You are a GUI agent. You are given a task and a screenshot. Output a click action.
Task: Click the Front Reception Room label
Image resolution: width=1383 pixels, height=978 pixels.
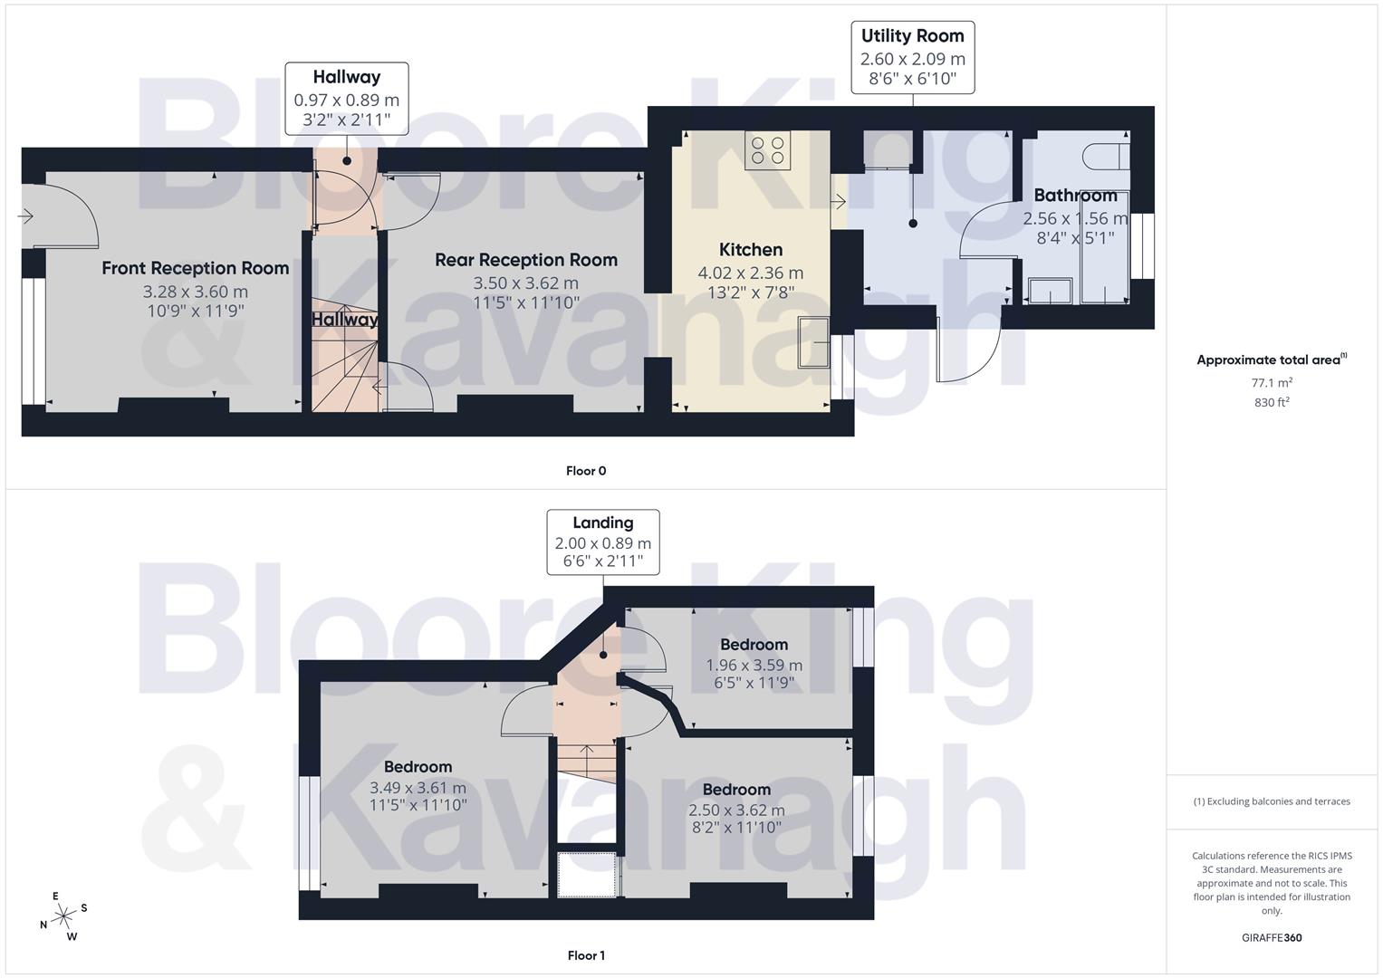point(196,268)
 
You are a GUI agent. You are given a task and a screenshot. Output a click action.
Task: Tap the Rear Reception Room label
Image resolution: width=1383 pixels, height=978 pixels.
point(526,260)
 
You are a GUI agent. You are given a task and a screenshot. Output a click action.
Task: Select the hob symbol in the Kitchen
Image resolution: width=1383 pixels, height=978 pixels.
point(768,149)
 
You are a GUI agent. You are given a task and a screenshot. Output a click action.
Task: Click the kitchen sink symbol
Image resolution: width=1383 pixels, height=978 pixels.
point(812,342)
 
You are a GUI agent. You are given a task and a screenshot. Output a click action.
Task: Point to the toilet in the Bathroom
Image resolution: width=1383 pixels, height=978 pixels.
point(1106,155)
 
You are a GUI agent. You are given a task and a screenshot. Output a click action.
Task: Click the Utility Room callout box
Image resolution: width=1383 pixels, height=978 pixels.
point(913,58)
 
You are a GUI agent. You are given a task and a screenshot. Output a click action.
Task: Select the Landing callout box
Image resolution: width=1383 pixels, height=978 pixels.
point(603,542)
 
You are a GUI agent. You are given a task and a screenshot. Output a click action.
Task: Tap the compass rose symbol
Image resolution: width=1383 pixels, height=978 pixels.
point(63,916)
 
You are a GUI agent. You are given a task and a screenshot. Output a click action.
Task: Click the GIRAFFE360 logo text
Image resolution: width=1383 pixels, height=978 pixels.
point(1272,937)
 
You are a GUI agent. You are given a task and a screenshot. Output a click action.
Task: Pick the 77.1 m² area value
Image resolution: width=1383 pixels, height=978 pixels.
point(1272,382)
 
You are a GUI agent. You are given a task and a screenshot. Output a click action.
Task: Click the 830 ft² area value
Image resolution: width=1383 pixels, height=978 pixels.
point(1272,402)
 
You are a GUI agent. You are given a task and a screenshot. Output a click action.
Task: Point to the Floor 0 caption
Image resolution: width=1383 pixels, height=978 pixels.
point(586,471)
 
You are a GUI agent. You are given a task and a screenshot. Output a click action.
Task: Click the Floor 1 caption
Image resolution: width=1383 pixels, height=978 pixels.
point(586,955)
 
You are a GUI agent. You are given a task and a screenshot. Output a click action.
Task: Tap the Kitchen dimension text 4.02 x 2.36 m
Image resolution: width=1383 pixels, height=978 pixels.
point(751,273)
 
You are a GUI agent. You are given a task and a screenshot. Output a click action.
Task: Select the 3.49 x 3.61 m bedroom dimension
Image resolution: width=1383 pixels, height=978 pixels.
point(418,788)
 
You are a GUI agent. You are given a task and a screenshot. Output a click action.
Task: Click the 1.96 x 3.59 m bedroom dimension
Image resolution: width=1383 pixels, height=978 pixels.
point(754,665)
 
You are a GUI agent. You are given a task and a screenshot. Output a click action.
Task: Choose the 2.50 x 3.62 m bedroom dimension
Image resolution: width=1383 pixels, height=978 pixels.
point(736,810)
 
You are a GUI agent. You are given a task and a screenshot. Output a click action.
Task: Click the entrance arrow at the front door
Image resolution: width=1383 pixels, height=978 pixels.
point(24,216)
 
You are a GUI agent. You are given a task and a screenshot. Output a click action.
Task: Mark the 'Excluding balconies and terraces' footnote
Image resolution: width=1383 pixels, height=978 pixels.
point(1272,801)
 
